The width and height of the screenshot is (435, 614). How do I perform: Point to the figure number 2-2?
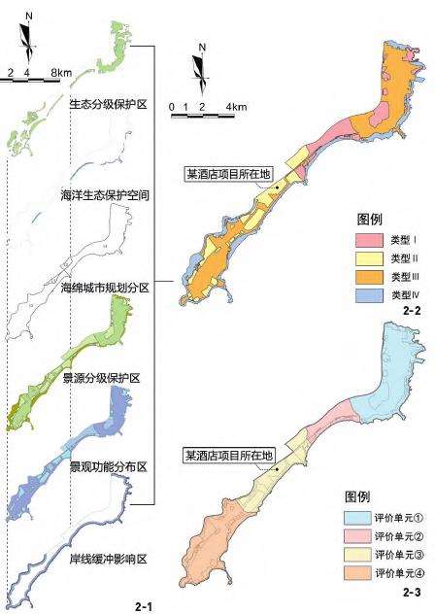pos(410,311)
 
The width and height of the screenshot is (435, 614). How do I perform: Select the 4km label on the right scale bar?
pos(236,105)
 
